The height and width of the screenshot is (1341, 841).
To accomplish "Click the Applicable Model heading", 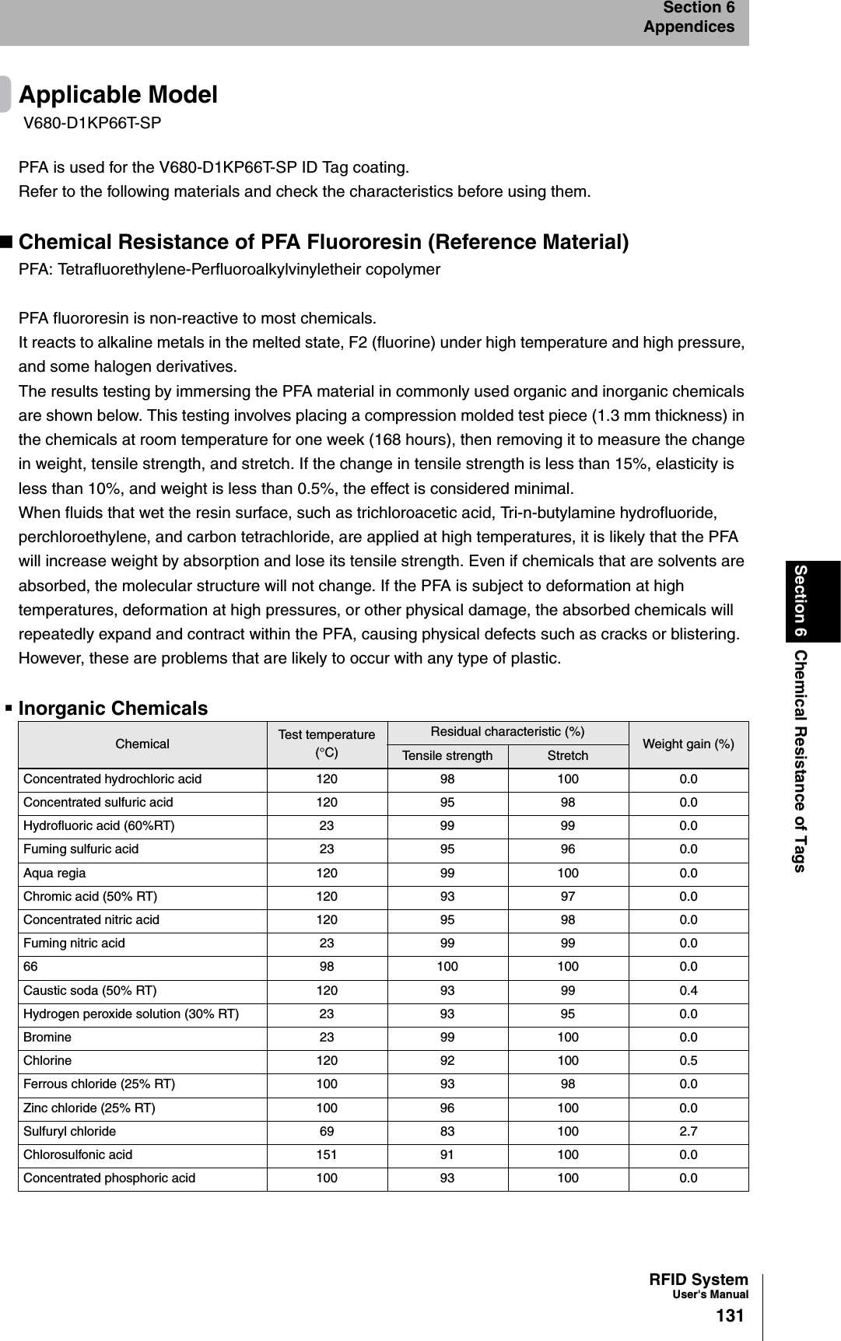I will [118, 95].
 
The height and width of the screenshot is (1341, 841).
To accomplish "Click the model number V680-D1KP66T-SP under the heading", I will [93, 123].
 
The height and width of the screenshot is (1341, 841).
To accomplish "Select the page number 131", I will [730, 1316].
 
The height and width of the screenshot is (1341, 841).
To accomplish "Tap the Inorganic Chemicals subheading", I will [113, 709].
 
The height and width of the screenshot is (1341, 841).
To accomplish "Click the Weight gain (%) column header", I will [688, 744].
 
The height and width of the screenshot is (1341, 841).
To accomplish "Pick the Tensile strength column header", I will [447, 756].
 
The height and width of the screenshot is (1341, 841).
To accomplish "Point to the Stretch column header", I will [568, 756].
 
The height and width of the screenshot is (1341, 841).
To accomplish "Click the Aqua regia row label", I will [54, 874].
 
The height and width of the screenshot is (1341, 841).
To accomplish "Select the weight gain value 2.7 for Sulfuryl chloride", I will [688, 1132].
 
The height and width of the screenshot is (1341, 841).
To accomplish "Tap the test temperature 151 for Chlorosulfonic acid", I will [327, 1155].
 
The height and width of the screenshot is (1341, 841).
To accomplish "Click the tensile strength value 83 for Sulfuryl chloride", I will [447, 1132].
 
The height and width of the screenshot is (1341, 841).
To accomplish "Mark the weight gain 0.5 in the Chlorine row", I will [688, 1061].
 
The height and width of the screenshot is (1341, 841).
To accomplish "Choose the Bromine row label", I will [47, 1038].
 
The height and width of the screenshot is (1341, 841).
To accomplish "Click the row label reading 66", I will [30, 967].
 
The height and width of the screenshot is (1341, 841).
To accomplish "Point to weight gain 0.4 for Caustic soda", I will [688, 991].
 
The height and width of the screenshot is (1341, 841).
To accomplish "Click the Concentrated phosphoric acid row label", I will [110, 1178].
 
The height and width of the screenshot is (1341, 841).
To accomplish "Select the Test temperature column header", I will [327, 744].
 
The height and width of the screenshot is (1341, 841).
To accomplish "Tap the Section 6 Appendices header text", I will [689, 17].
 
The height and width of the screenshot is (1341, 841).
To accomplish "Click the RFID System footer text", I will [699, 1280].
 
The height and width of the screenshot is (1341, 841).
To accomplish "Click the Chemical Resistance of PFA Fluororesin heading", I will [324, 242].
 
